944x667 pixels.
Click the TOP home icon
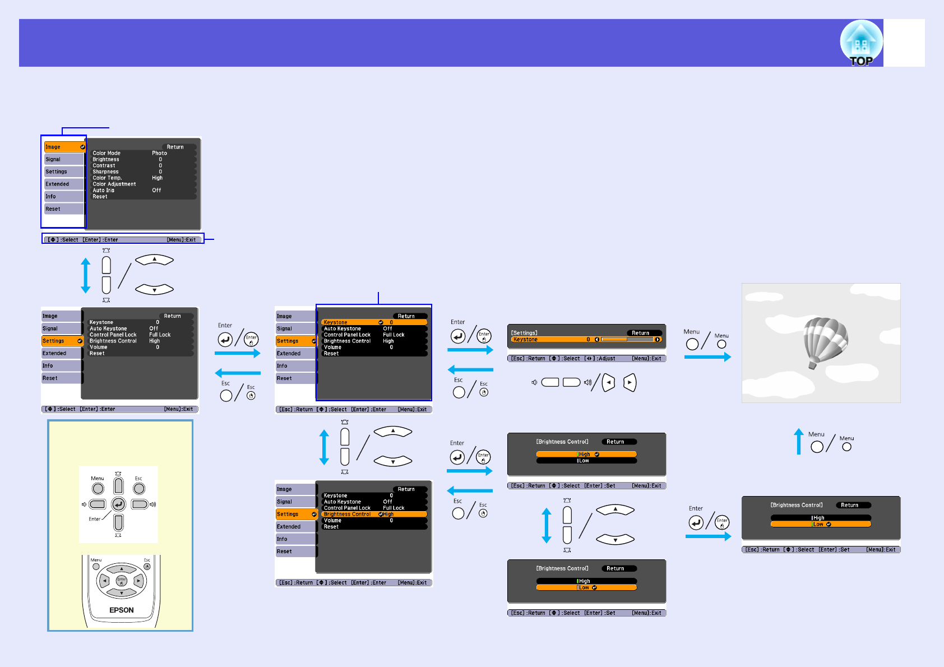click(861, 43)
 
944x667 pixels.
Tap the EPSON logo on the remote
click(122, 610)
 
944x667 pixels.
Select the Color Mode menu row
click(107, 153)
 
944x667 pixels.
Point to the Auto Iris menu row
click(104, 191)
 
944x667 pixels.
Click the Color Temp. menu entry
click(107, 178)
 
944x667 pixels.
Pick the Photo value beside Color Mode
click(159, 153)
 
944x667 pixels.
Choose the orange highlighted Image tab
click(64, 147)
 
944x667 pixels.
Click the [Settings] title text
click(524, 333)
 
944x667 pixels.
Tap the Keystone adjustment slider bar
click(627, 340)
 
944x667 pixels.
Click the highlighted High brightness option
click(586, 455)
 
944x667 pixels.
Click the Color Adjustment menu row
click(114, 184)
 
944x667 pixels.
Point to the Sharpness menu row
click(105, 172)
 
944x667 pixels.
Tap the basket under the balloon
click(812, 366)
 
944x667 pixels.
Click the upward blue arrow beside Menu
click(799, 441)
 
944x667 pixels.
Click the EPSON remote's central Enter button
click(122, 581)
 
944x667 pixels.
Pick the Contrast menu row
click(104, 166)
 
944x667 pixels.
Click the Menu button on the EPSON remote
click(96, 567)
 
